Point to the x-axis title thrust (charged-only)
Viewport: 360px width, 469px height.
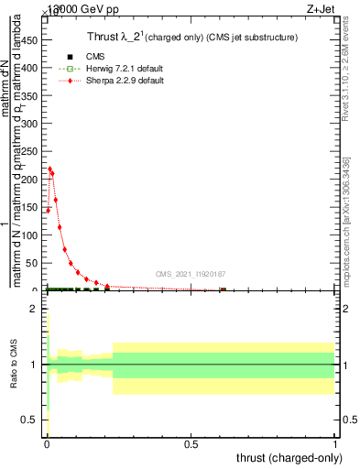point(290,458)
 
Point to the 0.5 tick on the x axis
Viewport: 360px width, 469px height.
point(191,445)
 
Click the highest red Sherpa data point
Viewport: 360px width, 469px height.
point(49,169)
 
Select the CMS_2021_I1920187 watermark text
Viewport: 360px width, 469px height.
point(190,274)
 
